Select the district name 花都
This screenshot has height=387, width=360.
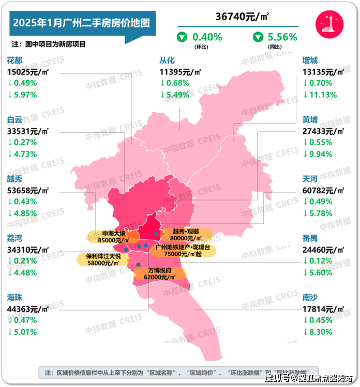click(x=15, y=60)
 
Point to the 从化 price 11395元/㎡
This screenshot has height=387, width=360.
click(x=181, y=72)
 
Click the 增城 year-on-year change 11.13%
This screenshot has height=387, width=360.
click(x=323, y=95)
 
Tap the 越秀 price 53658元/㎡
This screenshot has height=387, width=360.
click(x=28, y=191)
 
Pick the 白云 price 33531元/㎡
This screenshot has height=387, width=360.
click(x=28, y=131)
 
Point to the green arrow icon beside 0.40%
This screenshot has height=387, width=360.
click(x=182, y=37)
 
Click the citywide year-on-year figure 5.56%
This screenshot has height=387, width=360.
click(x=282, y=37)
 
